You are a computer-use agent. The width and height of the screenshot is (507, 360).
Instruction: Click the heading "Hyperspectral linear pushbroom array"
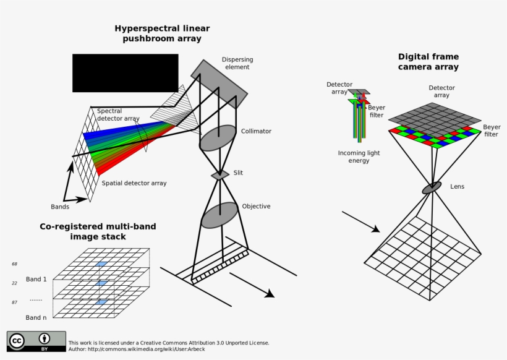[162, 33]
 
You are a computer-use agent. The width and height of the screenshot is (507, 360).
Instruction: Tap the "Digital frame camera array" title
[428, 61]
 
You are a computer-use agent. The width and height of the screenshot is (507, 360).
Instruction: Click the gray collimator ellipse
[218, 138]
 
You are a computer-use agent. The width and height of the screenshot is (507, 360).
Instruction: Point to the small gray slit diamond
[220, 176]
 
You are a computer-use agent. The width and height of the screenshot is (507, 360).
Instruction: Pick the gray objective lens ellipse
[220, 215]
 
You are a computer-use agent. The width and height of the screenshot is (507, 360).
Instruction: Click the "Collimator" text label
[256, 131]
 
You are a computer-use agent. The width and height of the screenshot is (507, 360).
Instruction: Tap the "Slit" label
[238, 173]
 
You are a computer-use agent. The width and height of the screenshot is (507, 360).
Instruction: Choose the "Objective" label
[256, 206]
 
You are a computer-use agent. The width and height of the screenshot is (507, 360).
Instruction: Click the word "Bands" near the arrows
[60, 207]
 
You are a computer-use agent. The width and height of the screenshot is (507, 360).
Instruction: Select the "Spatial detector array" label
[134, 183]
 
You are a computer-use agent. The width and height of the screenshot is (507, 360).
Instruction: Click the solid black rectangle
[125, 73]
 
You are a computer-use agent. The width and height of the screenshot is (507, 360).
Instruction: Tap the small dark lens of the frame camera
[432, 187]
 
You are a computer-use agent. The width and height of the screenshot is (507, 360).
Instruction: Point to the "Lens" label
[457, 186]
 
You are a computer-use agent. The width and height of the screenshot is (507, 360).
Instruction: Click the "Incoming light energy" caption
[359, 156]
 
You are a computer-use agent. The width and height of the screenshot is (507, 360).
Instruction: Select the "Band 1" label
[36, 279]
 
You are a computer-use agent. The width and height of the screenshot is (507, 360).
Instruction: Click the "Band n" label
[36, 317]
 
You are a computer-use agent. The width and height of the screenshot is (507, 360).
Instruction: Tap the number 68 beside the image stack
[14, 264]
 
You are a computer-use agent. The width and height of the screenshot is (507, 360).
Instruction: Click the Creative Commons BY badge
[36, 341]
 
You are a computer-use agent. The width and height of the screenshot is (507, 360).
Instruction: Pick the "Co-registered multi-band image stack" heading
[98, 231]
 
